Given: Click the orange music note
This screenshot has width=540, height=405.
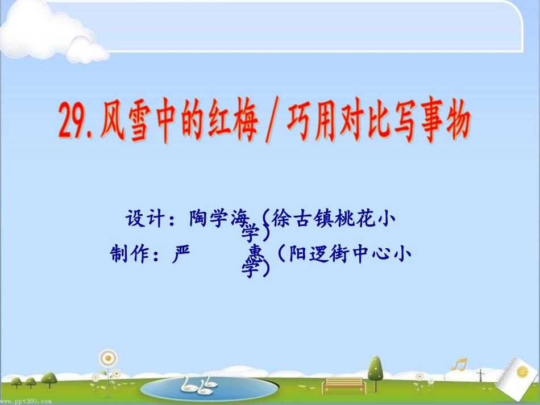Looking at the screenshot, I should [458, 363].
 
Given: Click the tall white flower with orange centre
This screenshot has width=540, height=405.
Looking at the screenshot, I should [106, 360].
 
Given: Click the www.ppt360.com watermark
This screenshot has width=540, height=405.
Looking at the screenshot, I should [26, 400].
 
